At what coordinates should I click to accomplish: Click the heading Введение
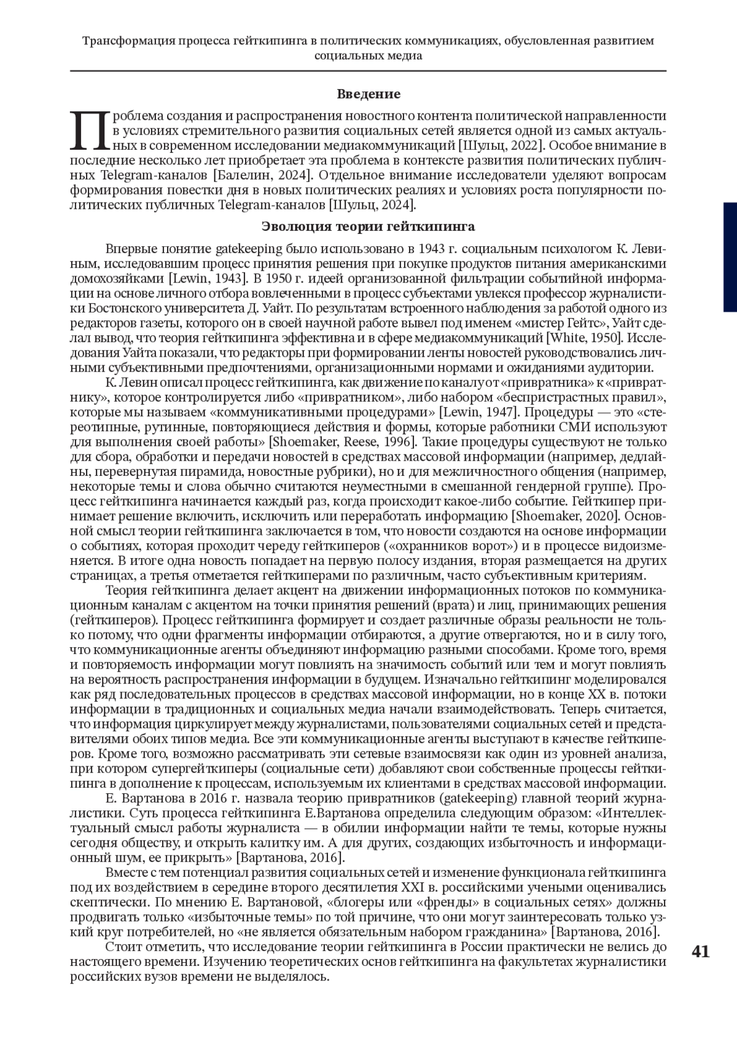pyautogui.click(x=368, y=94)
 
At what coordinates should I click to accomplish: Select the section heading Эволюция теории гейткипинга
pyautogui.click(x=368, y=227)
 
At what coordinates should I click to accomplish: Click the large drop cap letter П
pyautogui.click(x=90, y=131)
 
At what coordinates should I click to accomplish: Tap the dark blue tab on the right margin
pyautogui.click(x=730, y=257)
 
